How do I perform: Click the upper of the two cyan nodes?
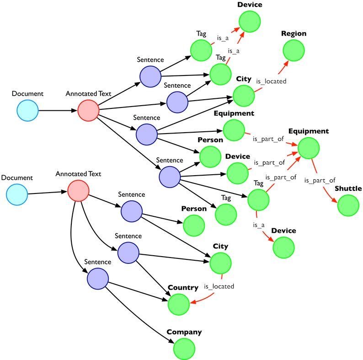27,110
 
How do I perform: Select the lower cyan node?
17,194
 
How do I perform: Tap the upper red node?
88,110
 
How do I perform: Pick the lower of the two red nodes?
78,190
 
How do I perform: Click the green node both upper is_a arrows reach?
250,21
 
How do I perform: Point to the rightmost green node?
348,205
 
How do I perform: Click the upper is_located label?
271,81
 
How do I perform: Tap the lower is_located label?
219,286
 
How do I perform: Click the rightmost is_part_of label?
320,180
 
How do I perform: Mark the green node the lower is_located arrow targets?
178,305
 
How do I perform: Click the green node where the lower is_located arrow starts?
221,263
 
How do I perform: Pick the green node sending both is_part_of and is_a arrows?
258,200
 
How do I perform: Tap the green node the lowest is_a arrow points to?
283,247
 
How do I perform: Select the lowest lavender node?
98,278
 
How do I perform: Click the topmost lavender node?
150,77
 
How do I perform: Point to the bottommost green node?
184,348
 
